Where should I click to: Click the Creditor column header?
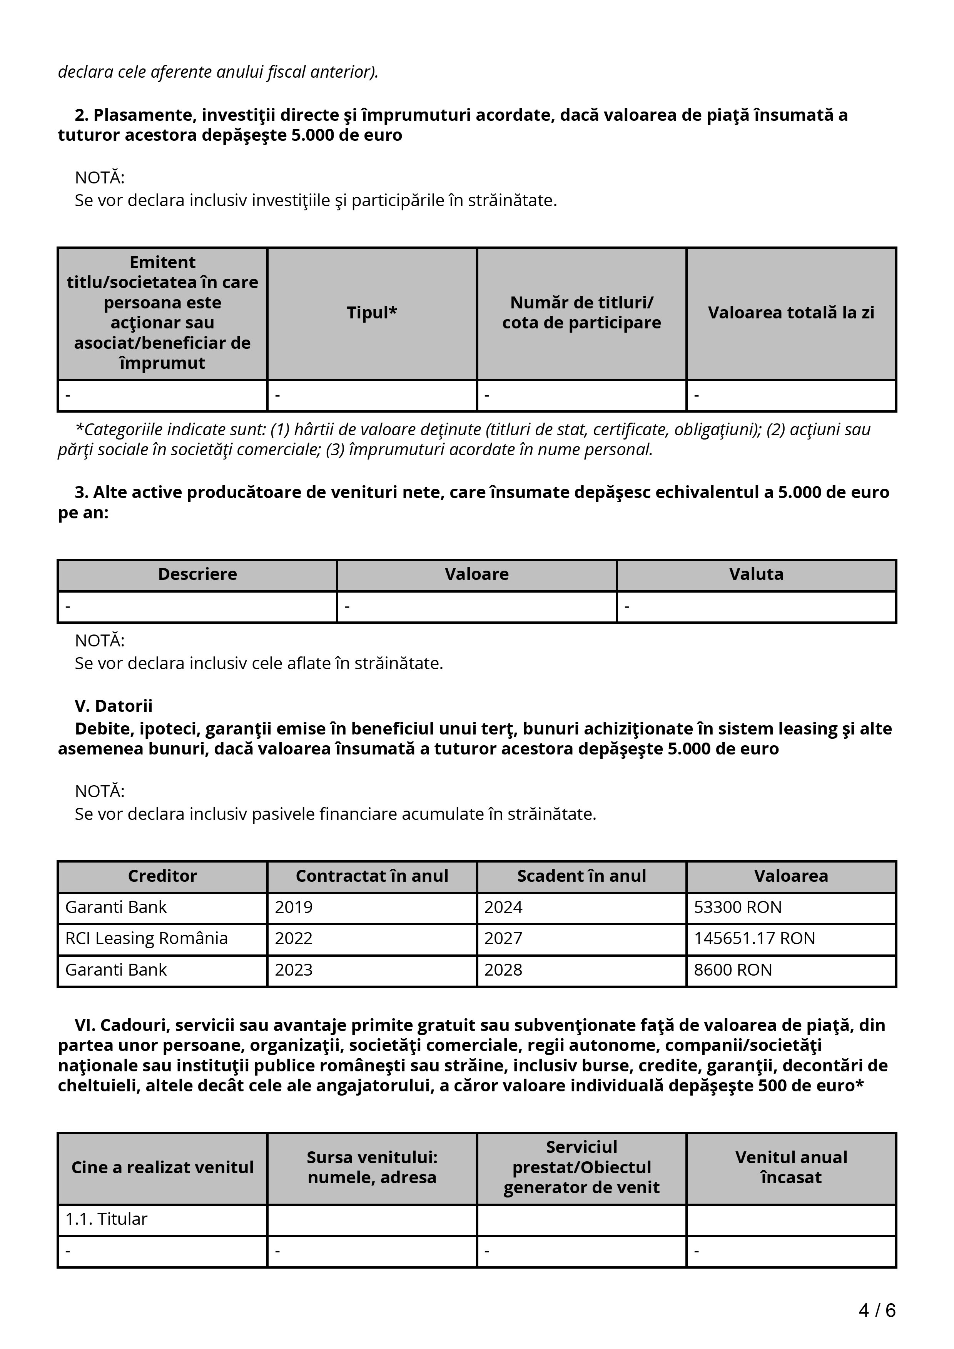[162, 876]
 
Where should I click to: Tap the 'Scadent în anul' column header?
[581, 876]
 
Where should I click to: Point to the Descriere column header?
[197, 574]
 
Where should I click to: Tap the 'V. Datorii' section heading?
[114, 706]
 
